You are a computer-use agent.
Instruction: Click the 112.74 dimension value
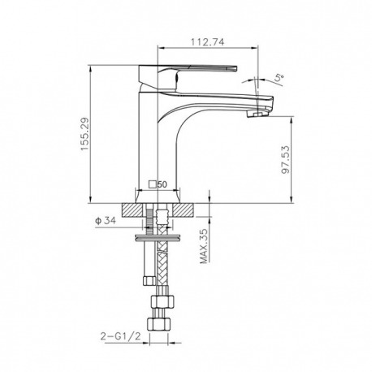[208, 42]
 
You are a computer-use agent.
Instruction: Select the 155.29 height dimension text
[84, 134]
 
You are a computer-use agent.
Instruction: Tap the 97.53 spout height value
[286, 160]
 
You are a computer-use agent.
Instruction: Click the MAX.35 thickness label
[204, 246]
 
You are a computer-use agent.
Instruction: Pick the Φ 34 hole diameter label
[106, 221]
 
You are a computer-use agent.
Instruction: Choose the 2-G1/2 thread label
[121, 336]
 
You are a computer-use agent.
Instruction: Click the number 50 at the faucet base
[162, 184]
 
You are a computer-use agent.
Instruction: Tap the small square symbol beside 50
[154, 184]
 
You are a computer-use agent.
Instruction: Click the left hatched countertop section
[132, 210]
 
